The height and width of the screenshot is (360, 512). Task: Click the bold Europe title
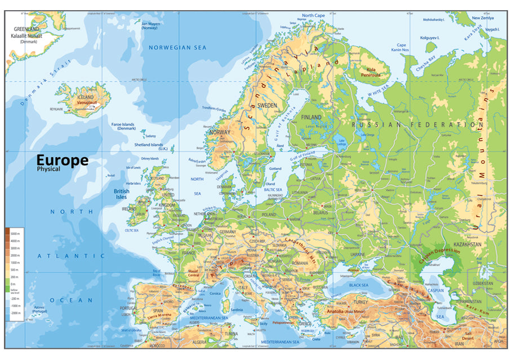63,160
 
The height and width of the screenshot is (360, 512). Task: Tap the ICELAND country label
84,97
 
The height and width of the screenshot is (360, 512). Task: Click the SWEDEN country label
268,105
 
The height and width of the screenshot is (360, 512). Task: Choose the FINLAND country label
311,117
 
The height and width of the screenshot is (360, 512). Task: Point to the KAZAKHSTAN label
468,245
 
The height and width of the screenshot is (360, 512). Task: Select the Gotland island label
275,168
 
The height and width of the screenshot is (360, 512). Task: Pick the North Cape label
313,16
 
